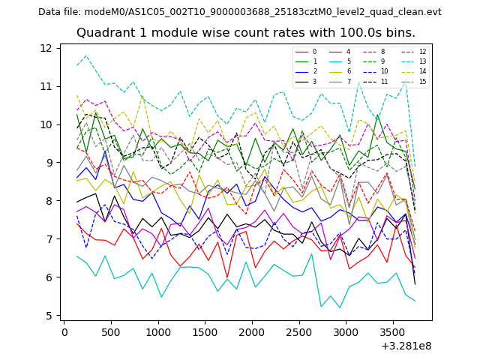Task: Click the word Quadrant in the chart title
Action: coord(104,33)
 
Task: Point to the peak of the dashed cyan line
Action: coord(86,55)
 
